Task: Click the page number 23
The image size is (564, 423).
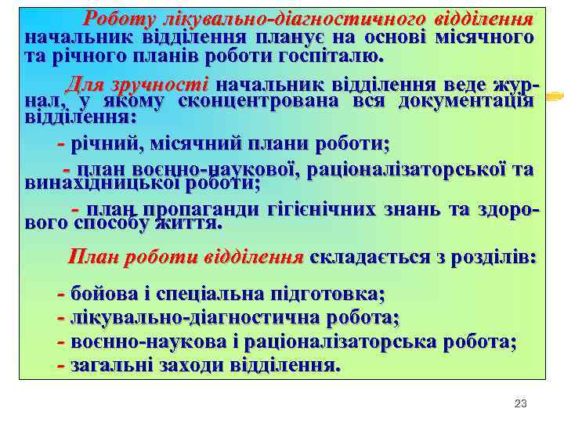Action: point(520,403)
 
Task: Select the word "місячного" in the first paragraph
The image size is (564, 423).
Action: point(486,38)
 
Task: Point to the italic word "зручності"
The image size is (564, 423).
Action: point(167,84)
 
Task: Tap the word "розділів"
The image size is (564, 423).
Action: point(486,257)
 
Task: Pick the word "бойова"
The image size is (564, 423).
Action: point(102,295)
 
